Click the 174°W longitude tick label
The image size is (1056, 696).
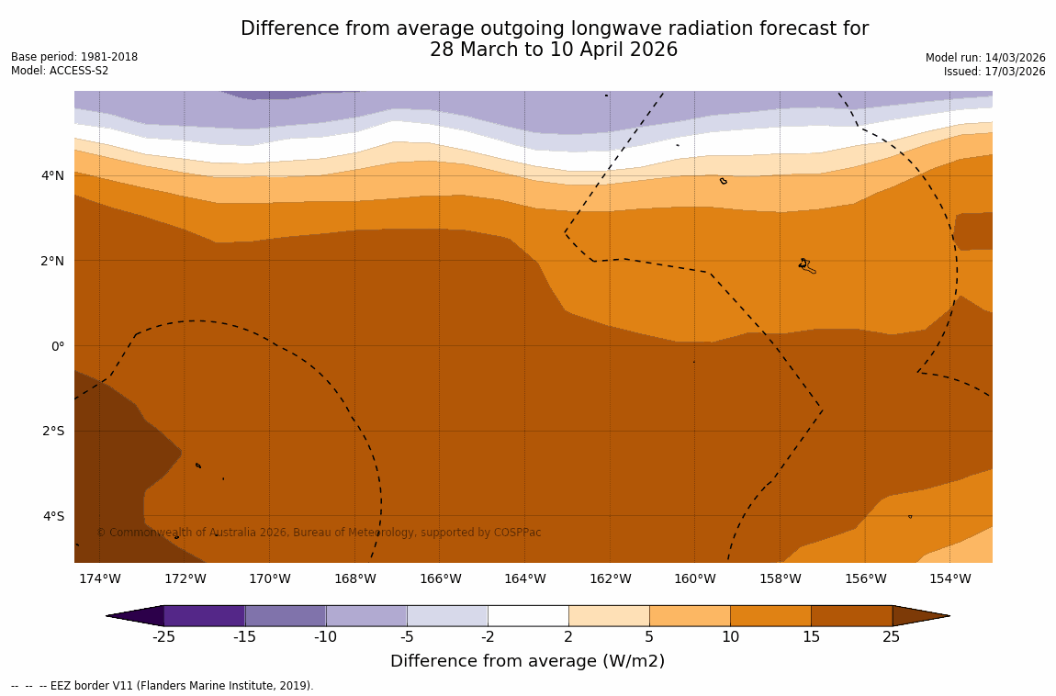(x=99, y=578)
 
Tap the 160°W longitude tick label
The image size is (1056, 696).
(x=695, y=578)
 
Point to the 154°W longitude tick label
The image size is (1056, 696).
(x=949, y=578)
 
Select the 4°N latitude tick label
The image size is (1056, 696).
(x=52, y=175)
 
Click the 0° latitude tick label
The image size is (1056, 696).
(x=57, y=346)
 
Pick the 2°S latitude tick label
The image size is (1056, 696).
(x=53, y=431)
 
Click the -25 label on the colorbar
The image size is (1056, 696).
(x=163, y=637)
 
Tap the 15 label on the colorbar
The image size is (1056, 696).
(x=811, y=637)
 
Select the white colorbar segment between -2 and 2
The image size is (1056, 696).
(x=528, y=615)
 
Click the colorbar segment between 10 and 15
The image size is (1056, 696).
(x=770, y=615)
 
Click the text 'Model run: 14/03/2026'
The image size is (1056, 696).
(x=985, y=57)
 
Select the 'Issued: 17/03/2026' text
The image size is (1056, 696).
(x=994, y=72)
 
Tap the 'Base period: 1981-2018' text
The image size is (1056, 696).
(x=74, y=57)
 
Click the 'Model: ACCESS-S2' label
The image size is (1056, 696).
(x=60, y=71)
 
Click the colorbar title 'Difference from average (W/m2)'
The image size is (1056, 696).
(x=527, y=661)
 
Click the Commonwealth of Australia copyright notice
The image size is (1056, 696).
(x=319, y=533)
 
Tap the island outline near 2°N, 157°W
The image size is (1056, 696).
(x=806, y=265)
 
